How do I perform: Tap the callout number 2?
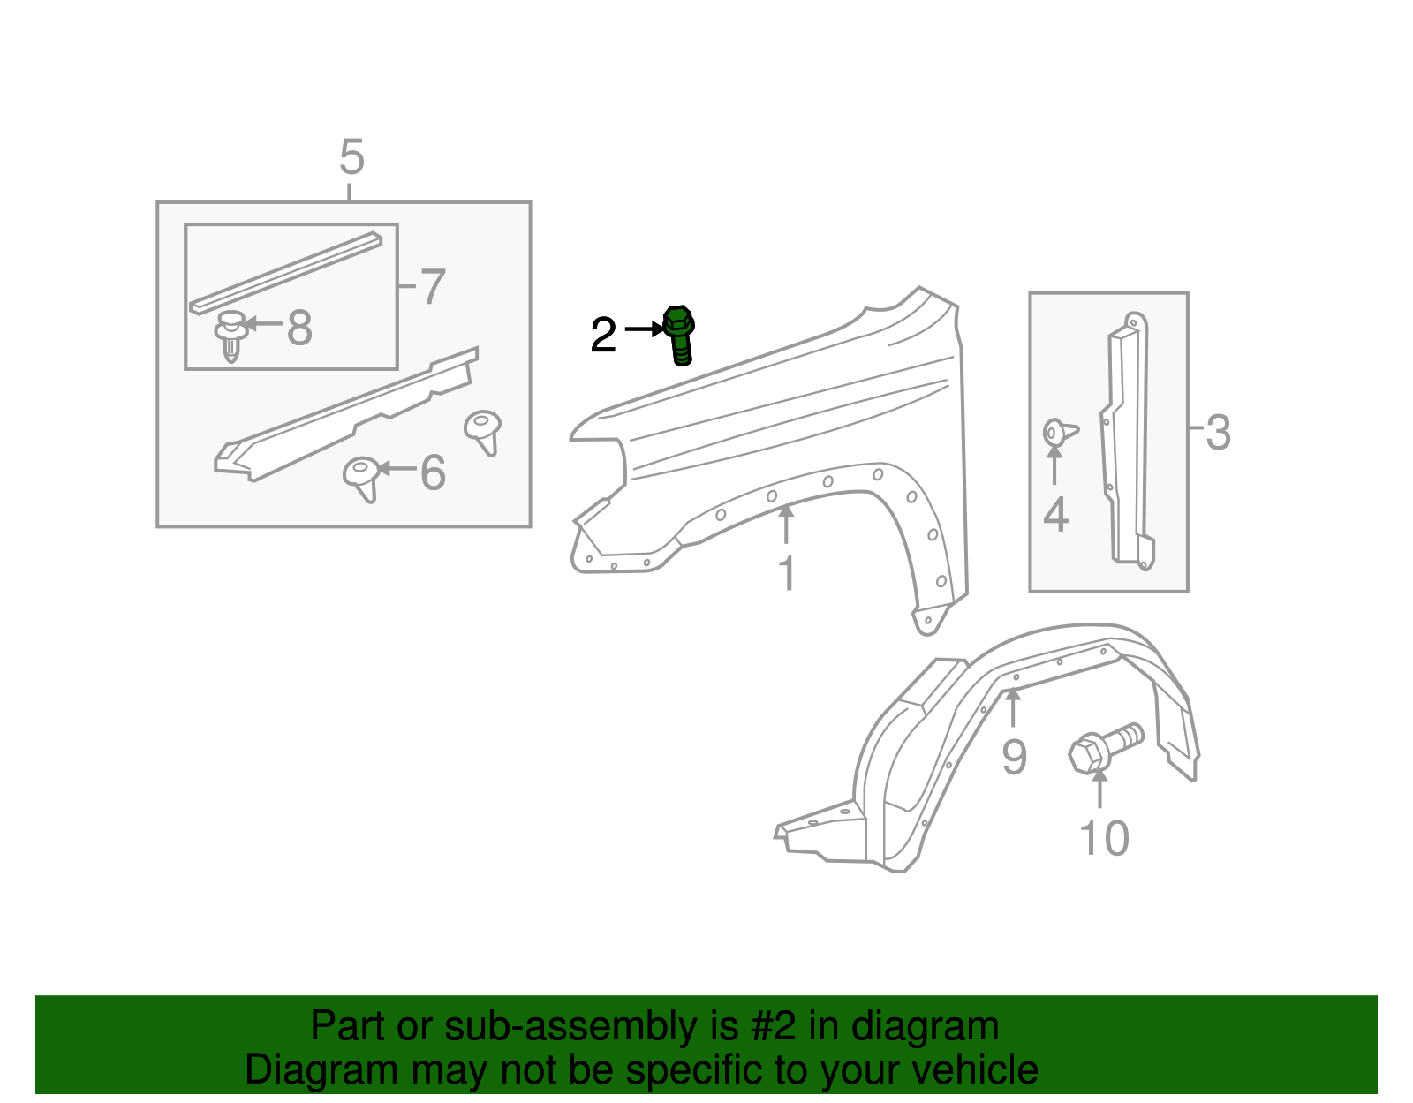click(603, 336)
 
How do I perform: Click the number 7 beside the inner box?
click(432, 287)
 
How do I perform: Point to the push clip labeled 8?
click(230, 336)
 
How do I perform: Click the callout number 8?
click(299, 329)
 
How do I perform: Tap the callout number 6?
click(433, 472)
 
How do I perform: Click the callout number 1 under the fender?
click(786, 573)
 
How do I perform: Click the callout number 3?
click(1218, 433)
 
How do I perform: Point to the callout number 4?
click(1055, 515)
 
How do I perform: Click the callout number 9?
click(1014, 758)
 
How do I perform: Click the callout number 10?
click(1104, 838)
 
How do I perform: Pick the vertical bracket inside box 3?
click(1127, 442)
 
